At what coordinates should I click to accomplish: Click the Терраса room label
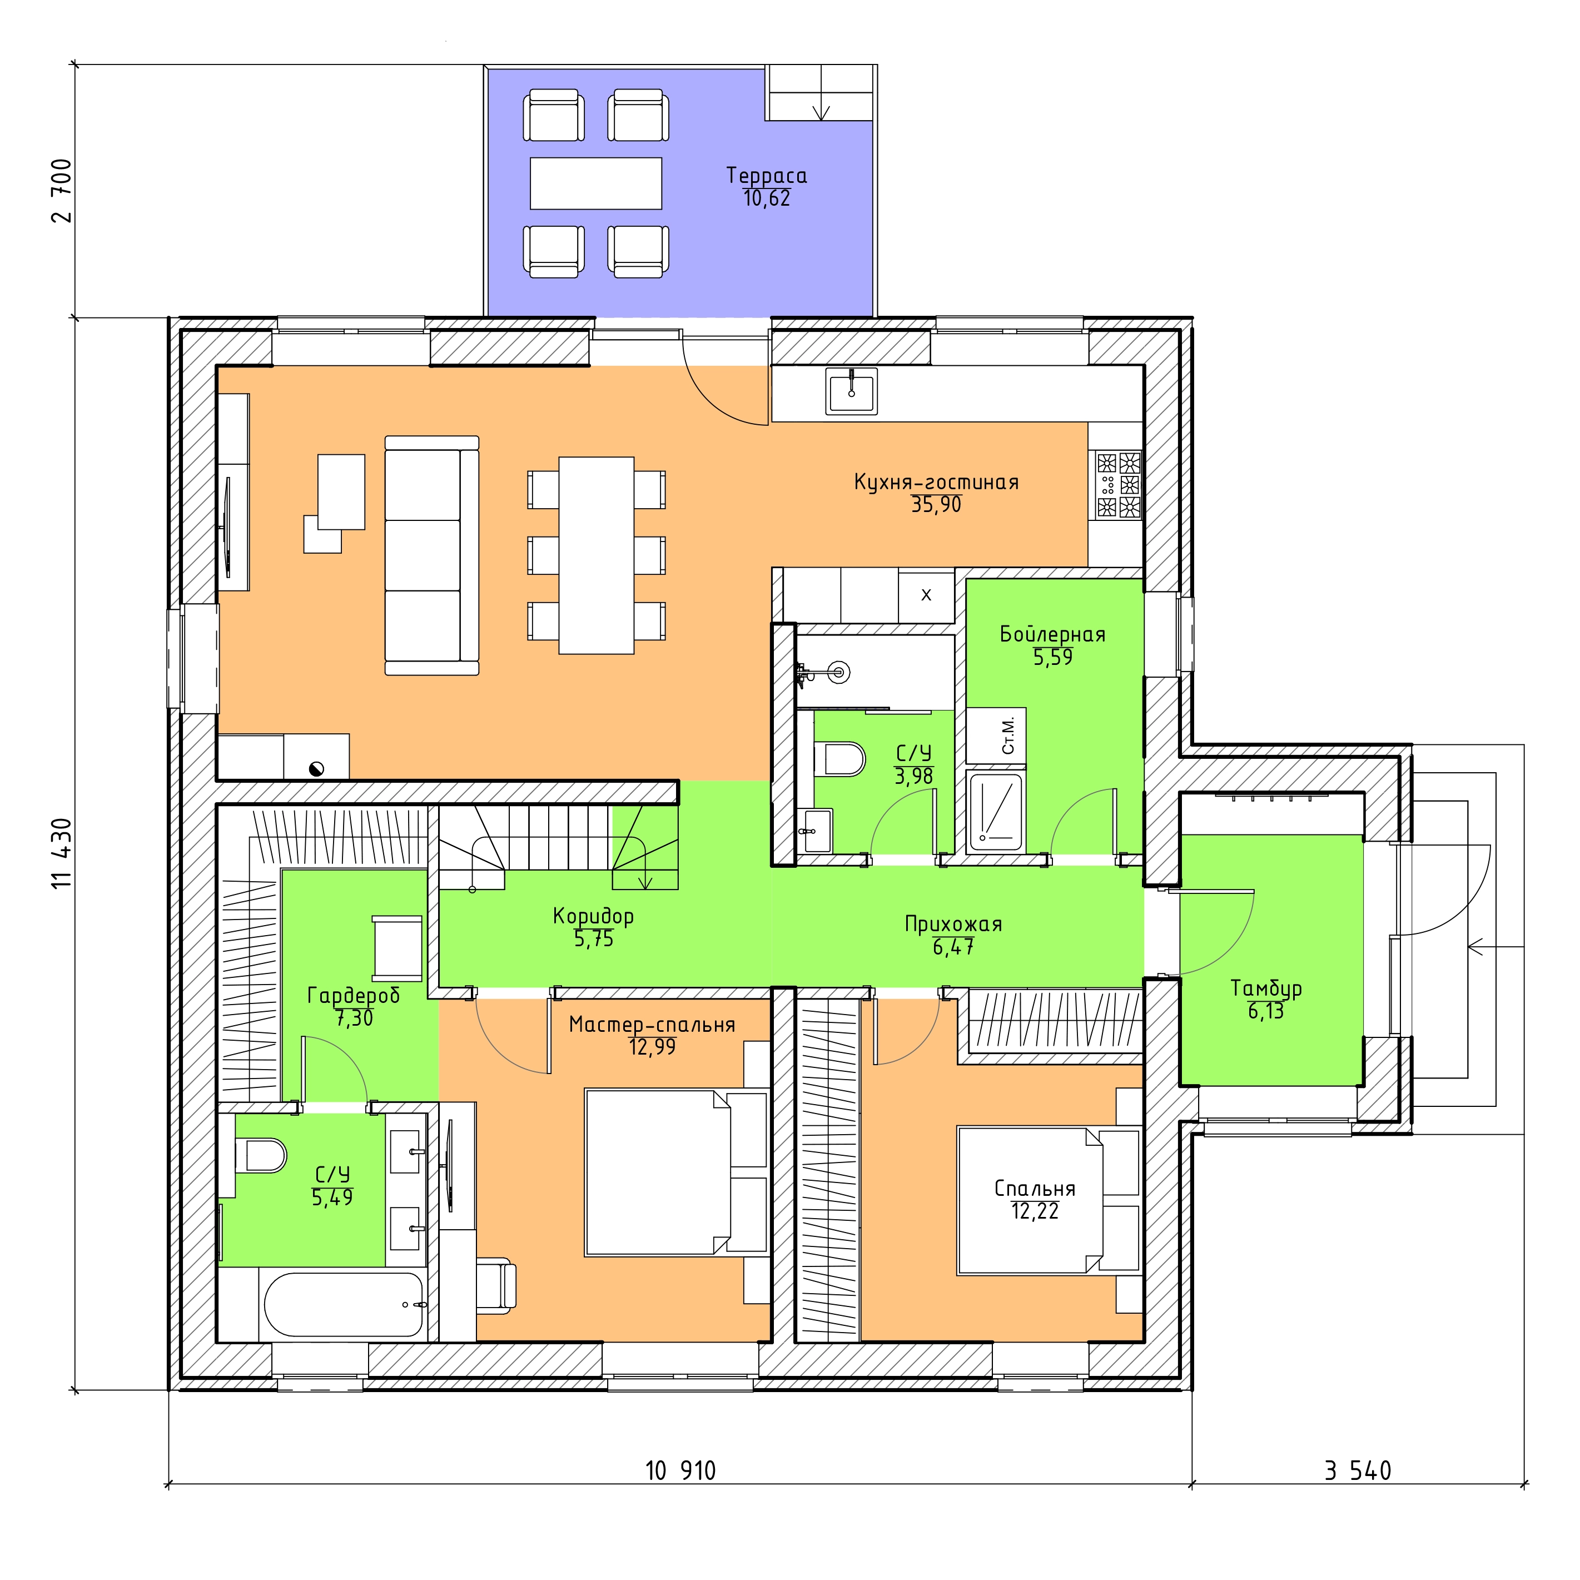[x=766, y=176]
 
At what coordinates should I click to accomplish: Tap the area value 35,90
[x=936, y=505]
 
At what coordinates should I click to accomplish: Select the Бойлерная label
[x=1052, y=635]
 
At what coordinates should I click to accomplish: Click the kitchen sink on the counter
[x=851, y=391]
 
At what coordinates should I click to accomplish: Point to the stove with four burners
[x=1118, y=485]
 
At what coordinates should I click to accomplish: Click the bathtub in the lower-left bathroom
[x=344, y=1304]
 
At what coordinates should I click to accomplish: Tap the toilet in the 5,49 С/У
[x=262, y=1156]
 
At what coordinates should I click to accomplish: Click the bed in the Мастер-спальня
[x=677, y=1172]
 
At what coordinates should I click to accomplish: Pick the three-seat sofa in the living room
[x=432, y=555]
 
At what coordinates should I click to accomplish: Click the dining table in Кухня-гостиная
[x=596, y=555]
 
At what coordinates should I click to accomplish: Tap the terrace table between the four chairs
[x=595, y=183]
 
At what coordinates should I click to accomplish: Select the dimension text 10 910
[x=680, y=1471]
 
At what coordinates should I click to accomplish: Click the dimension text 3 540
[x=1358, y=1471]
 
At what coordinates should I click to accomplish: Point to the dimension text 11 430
[x=62, y=853]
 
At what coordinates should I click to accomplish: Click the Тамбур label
[x=1266, y=988]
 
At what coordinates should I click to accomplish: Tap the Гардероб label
[x=353, y=995]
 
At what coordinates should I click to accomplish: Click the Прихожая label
[x=953, y=924]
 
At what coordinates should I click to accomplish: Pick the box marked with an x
[x=927, y=595]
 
